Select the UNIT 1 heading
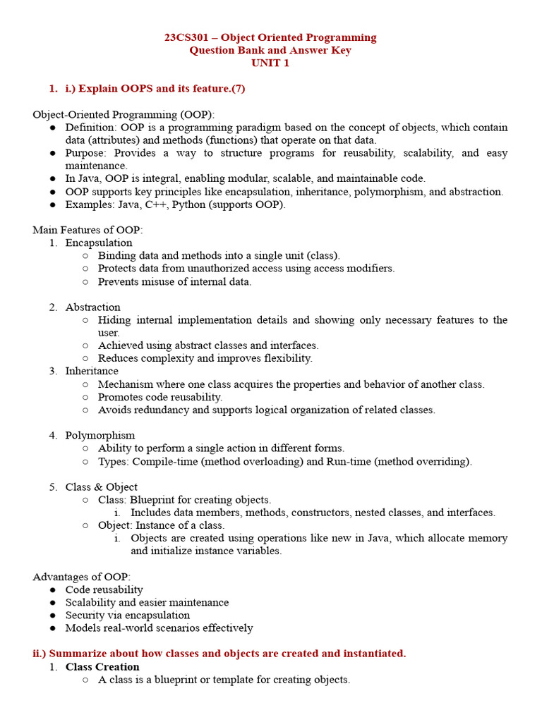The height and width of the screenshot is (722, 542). point(270,63)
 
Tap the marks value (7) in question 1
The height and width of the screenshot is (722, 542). point(238,89)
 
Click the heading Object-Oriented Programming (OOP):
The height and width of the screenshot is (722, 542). point(124,114)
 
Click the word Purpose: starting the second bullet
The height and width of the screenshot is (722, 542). point(87,153)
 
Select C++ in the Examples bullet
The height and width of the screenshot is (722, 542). point(177,204)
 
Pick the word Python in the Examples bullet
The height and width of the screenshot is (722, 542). point(215,204)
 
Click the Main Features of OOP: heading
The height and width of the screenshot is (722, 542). point(88,230)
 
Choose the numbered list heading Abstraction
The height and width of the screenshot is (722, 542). point(92,307)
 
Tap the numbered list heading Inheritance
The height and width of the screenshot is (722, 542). point(92,371)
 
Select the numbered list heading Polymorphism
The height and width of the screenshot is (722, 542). point(100,435)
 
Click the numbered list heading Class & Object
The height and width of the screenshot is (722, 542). point(101,487)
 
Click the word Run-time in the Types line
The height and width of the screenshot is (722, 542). point(348,461)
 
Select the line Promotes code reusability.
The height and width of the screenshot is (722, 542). point(160,397)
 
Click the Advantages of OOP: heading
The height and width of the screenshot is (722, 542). point(81,577)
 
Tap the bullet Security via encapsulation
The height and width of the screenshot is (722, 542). point(127,615)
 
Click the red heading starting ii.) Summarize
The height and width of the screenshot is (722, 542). point(219,654)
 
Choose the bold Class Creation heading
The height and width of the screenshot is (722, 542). point(102,666)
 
